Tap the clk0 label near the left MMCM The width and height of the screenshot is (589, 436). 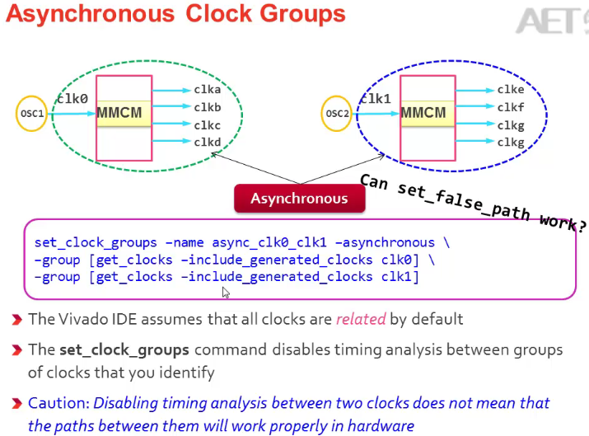pos(72,99)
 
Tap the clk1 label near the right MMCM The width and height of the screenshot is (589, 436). pos(376,99)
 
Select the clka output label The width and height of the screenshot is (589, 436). pos(208,90)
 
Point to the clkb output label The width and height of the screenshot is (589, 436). pos(208,107)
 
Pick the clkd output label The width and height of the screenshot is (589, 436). pos(208,142)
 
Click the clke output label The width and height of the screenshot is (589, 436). pos(511,90)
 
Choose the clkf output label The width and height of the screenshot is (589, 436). pos(511,107)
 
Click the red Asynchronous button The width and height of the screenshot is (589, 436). pos(299,199)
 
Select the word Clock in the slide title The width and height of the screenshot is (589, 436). pos(218,14)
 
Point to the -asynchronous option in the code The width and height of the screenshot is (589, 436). pos(381,242)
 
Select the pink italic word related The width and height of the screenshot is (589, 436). pos(361,319)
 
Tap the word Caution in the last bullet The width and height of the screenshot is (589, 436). pos(58,403)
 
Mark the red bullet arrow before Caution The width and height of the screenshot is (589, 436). pos(17,403)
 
